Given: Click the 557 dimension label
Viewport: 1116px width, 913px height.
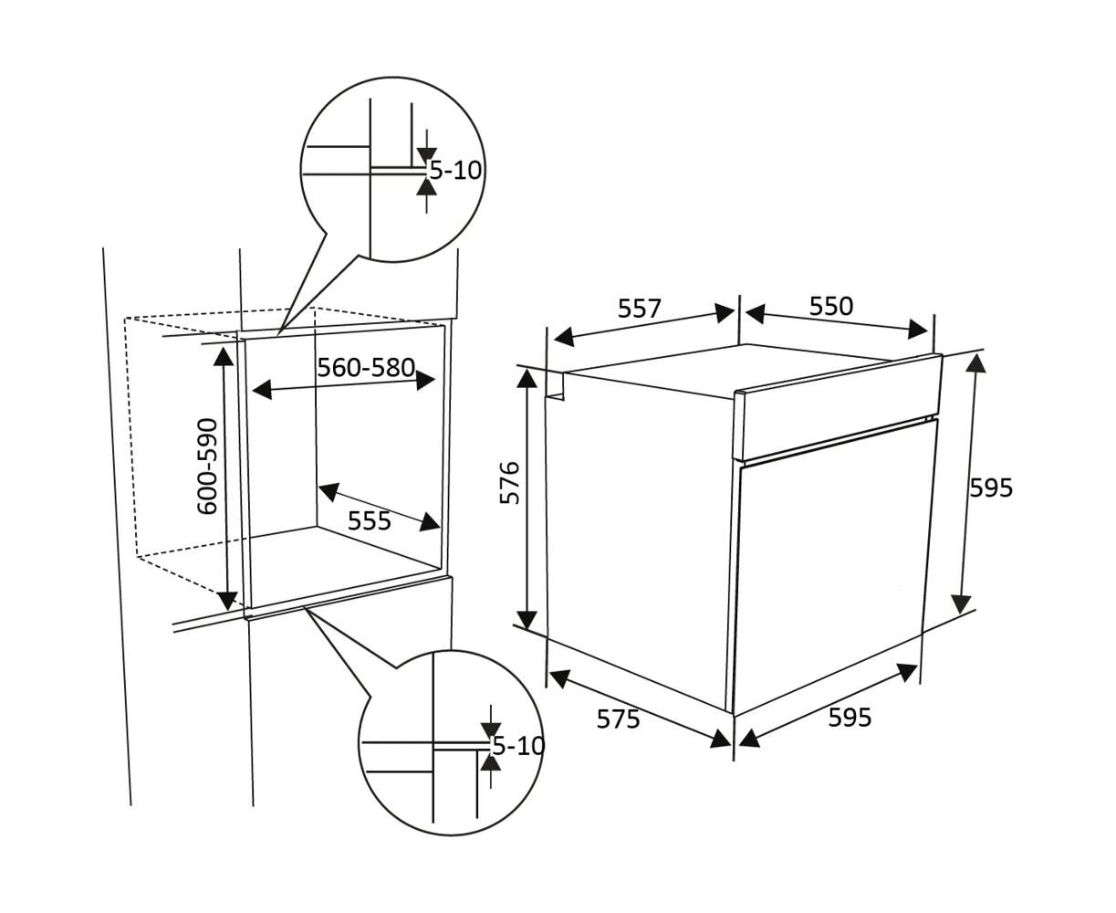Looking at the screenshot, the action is pos(640,309).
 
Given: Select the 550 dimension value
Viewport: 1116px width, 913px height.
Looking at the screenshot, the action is pos(830,306).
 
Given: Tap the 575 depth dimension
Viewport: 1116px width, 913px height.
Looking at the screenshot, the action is pos(618,719).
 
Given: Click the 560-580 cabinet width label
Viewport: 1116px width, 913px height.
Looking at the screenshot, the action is pos(366,368).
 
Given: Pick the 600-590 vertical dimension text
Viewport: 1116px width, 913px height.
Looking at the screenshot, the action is pos(207,466).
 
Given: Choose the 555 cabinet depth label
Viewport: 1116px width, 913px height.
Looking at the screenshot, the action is pos(369,521).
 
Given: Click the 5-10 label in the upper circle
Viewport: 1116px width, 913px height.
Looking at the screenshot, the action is pos(455,171).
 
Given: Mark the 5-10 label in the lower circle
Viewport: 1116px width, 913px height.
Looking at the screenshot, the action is pos(518,746).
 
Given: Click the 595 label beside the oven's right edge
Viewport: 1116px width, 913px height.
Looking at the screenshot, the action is pos(991,488).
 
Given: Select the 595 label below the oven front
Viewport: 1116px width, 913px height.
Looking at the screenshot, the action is pos(850,718).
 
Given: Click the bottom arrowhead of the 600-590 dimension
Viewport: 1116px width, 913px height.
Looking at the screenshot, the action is pos(227,601).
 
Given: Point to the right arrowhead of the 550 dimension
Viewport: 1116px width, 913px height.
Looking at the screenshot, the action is pos(918,330).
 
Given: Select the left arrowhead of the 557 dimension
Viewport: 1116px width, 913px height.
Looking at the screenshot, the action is pos(564,337).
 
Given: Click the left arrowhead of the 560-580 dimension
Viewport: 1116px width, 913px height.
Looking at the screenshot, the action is pos(262,390).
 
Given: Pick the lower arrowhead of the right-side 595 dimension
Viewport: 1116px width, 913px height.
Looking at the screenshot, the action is pos(961,603).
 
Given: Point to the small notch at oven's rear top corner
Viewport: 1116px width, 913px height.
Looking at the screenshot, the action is pos(555,385).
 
